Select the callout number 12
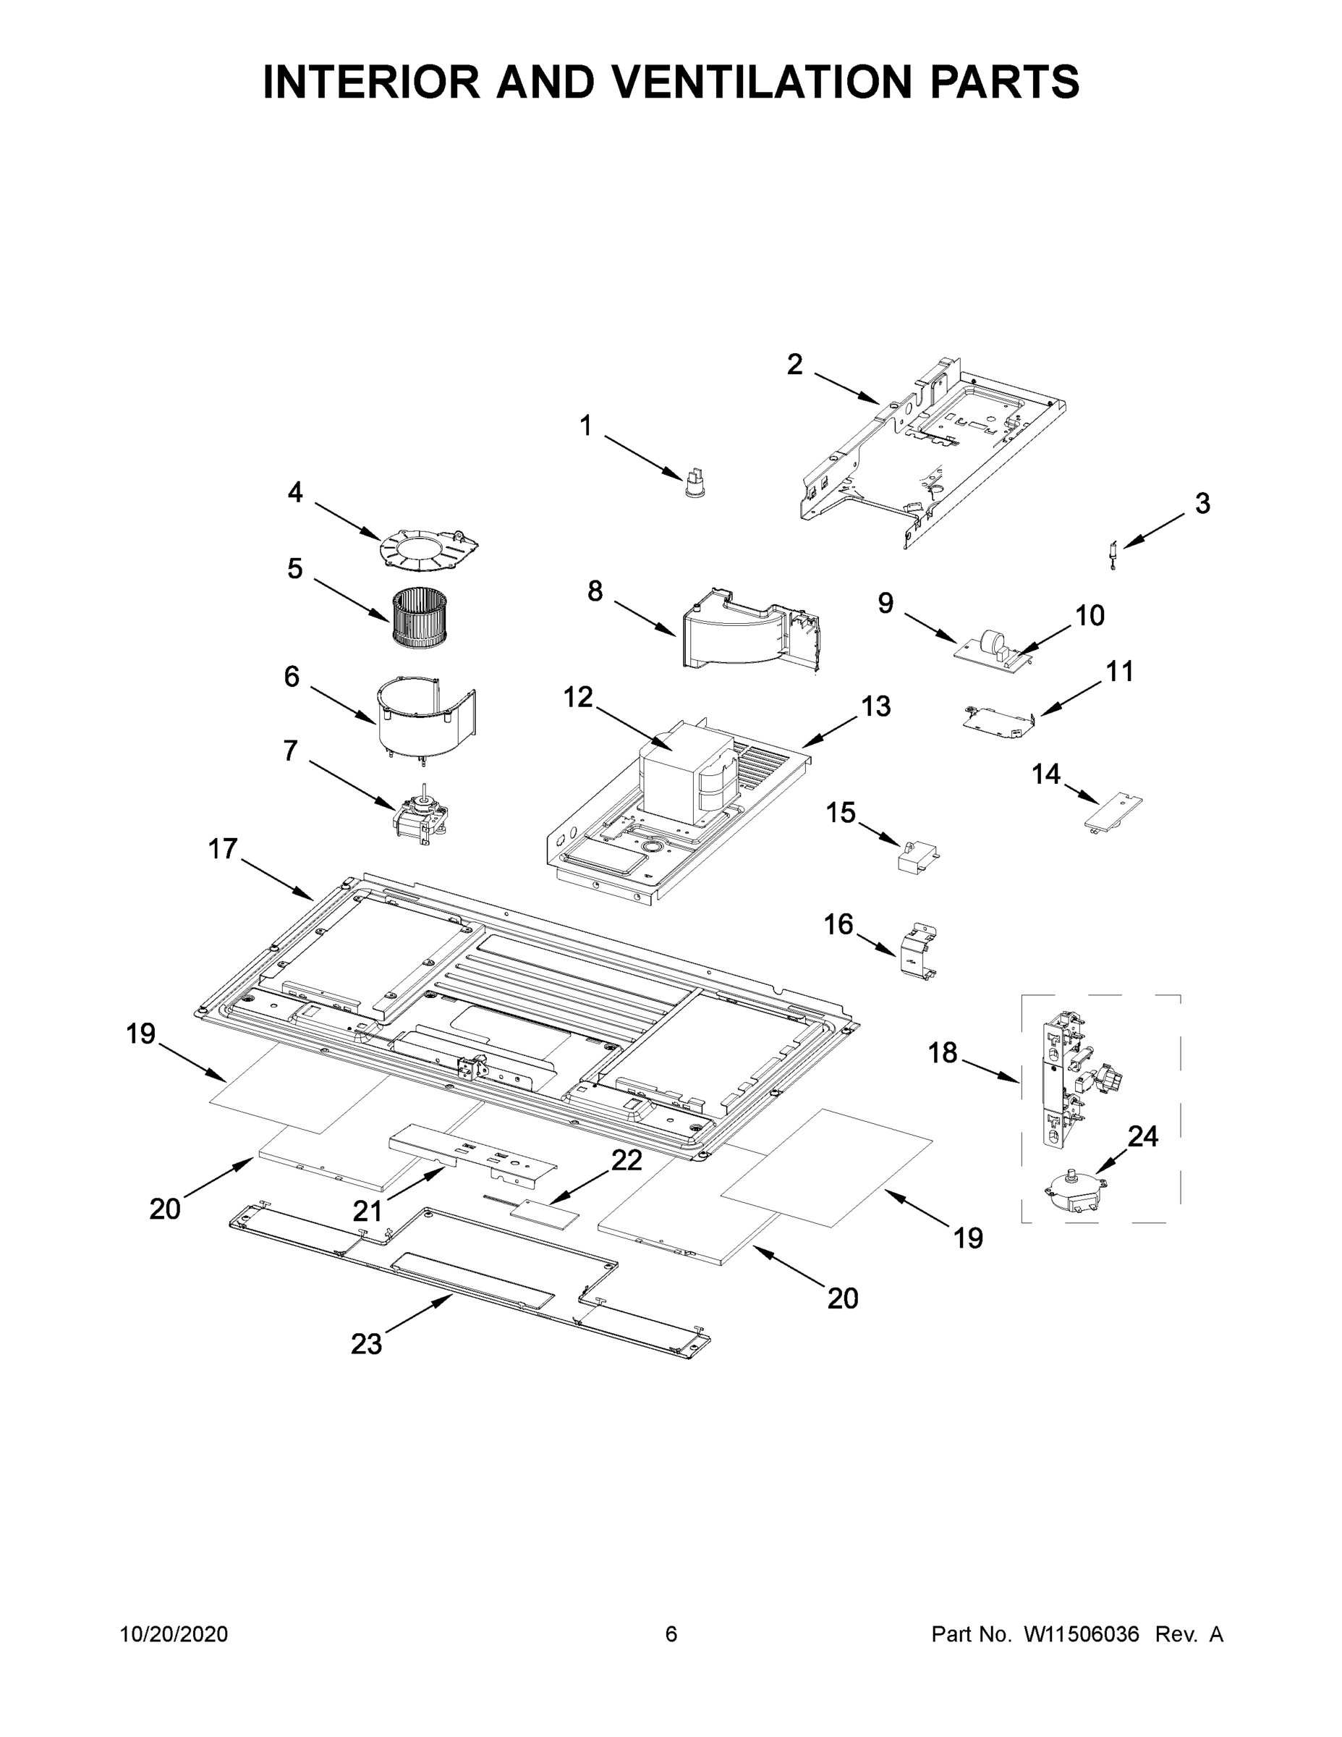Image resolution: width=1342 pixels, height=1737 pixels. tap(578, 698)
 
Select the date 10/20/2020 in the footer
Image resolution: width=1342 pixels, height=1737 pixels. tap(174, 1634)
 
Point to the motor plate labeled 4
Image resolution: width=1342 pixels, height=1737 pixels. tap(429, 547)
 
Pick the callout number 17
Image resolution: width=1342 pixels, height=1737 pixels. tap(223, 850)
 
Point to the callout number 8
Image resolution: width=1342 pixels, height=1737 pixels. tap(595, 592)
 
